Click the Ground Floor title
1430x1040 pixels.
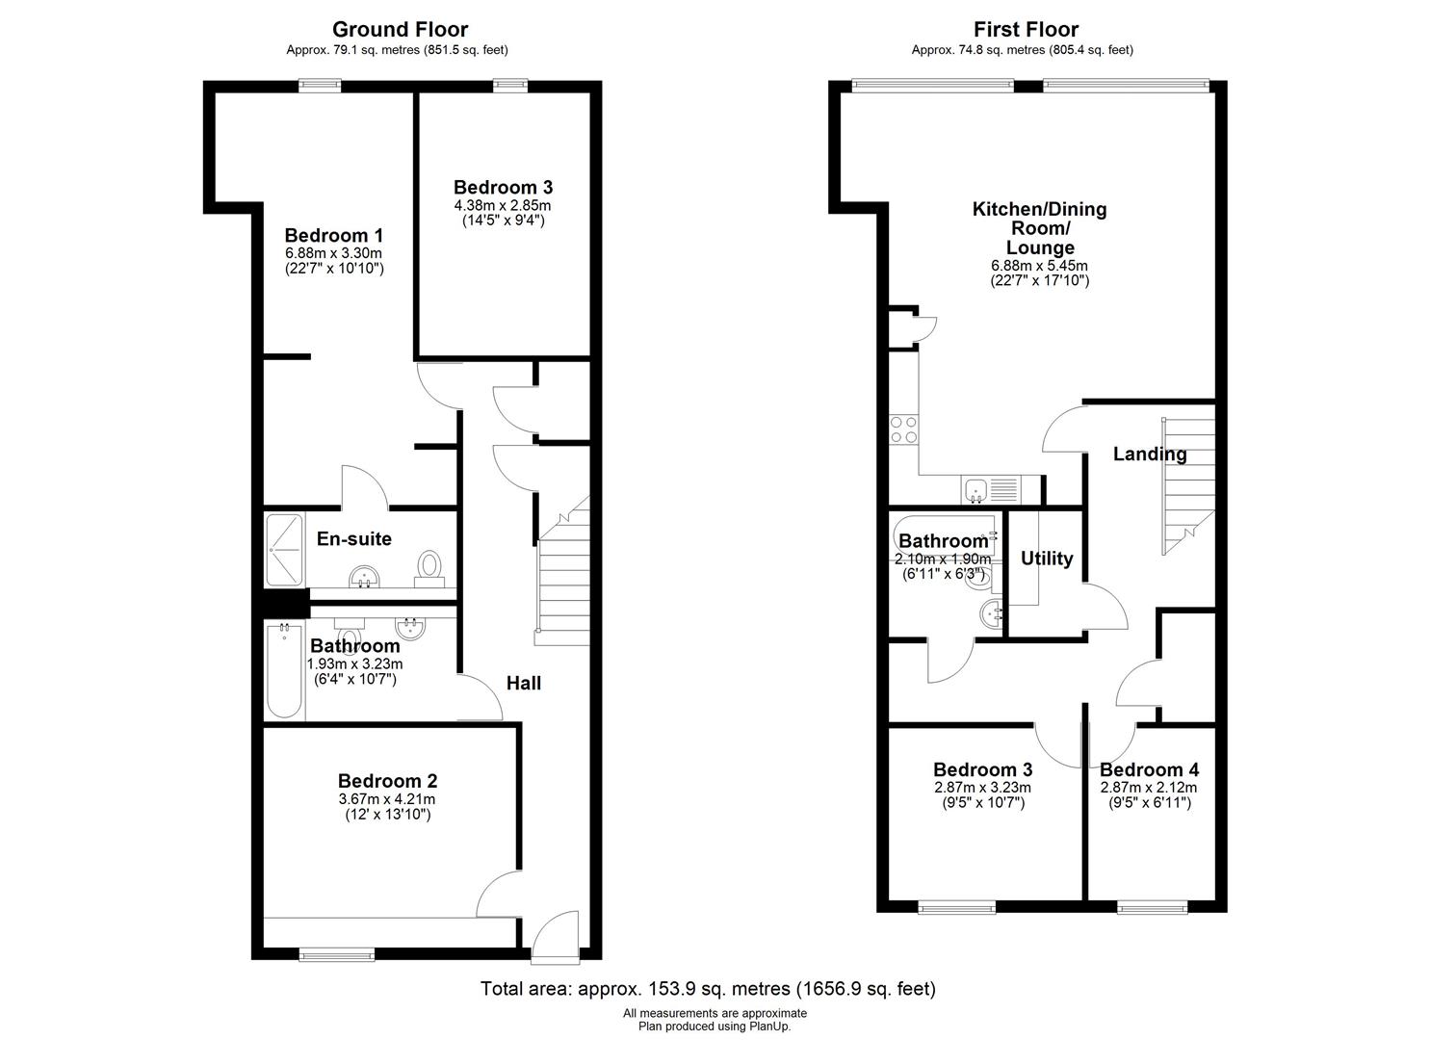tap(401, 29)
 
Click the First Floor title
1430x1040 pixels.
tap(1026, 29)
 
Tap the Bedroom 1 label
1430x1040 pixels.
tap(334, 235)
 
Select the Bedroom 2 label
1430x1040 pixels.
tap(387, 781)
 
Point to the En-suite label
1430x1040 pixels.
tap(354, 539)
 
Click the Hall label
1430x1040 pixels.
tap(524, 683)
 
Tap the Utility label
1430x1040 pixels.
tap(1047, 559)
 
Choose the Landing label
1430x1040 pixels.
tap(1150, 454)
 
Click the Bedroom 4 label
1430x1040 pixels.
tap(1150, 769)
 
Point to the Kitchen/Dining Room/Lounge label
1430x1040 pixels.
tap(1040, 228)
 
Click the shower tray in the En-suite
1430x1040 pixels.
tap(284, 550)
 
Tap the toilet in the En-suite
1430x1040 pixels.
tap(429, 569)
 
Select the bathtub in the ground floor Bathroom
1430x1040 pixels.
tap(284, 670)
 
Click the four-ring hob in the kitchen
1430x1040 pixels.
tap(903, 429)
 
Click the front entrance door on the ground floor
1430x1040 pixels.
tap(556, 937)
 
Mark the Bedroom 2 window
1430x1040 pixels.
tap(336, 955)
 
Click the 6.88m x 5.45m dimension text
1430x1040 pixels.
tap(1039, 266)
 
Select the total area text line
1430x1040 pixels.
tap(708, 989)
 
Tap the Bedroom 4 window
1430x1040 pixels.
tap(1153, 907)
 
